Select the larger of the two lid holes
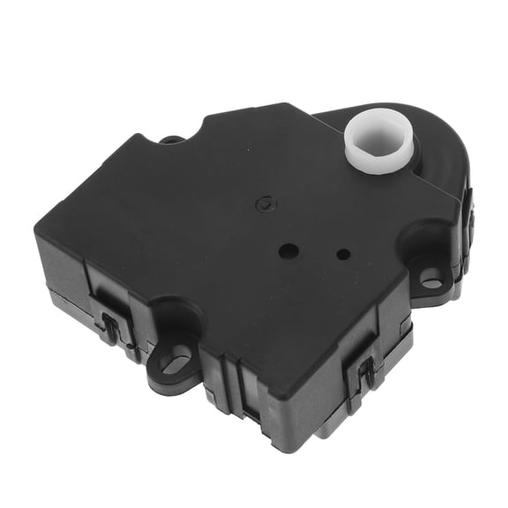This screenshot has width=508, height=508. coord(288,250)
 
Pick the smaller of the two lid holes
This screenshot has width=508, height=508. coord(343,255)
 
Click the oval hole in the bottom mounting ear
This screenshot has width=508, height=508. coord(176,360)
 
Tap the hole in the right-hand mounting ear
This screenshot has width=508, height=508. coord(431,281)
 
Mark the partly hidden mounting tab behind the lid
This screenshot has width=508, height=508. coord(172,138)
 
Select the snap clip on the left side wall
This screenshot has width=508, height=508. coord(113,325)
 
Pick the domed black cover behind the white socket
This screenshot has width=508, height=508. coord(423,154)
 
